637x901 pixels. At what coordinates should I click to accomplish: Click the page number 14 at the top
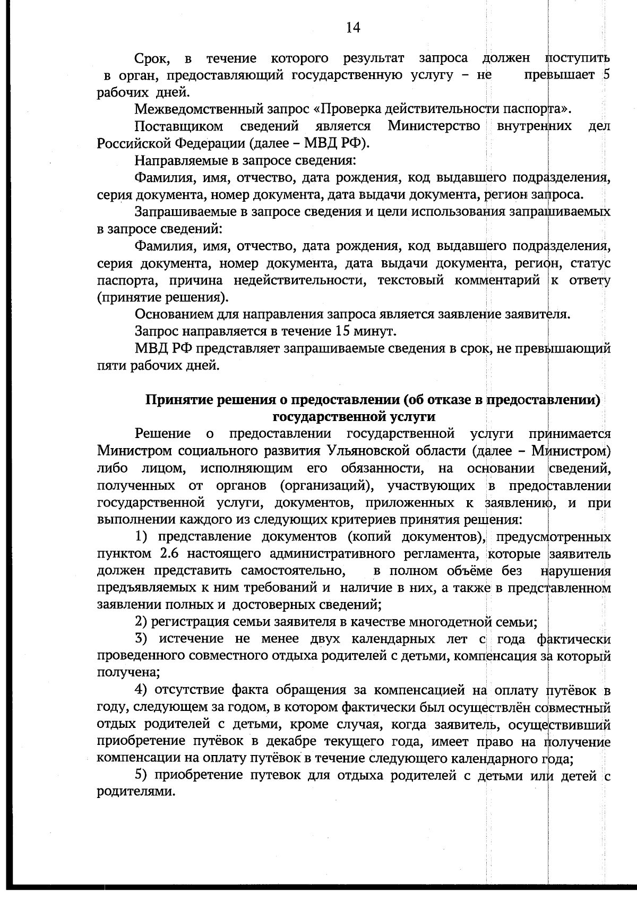[x=353, y=28]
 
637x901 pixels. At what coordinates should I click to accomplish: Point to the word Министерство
[x=434, y=126]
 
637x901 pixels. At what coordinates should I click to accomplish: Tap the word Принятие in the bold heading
[x=179, y=400]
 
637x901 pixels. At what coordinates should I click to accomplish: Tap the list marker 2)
[x=141, y=621]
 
